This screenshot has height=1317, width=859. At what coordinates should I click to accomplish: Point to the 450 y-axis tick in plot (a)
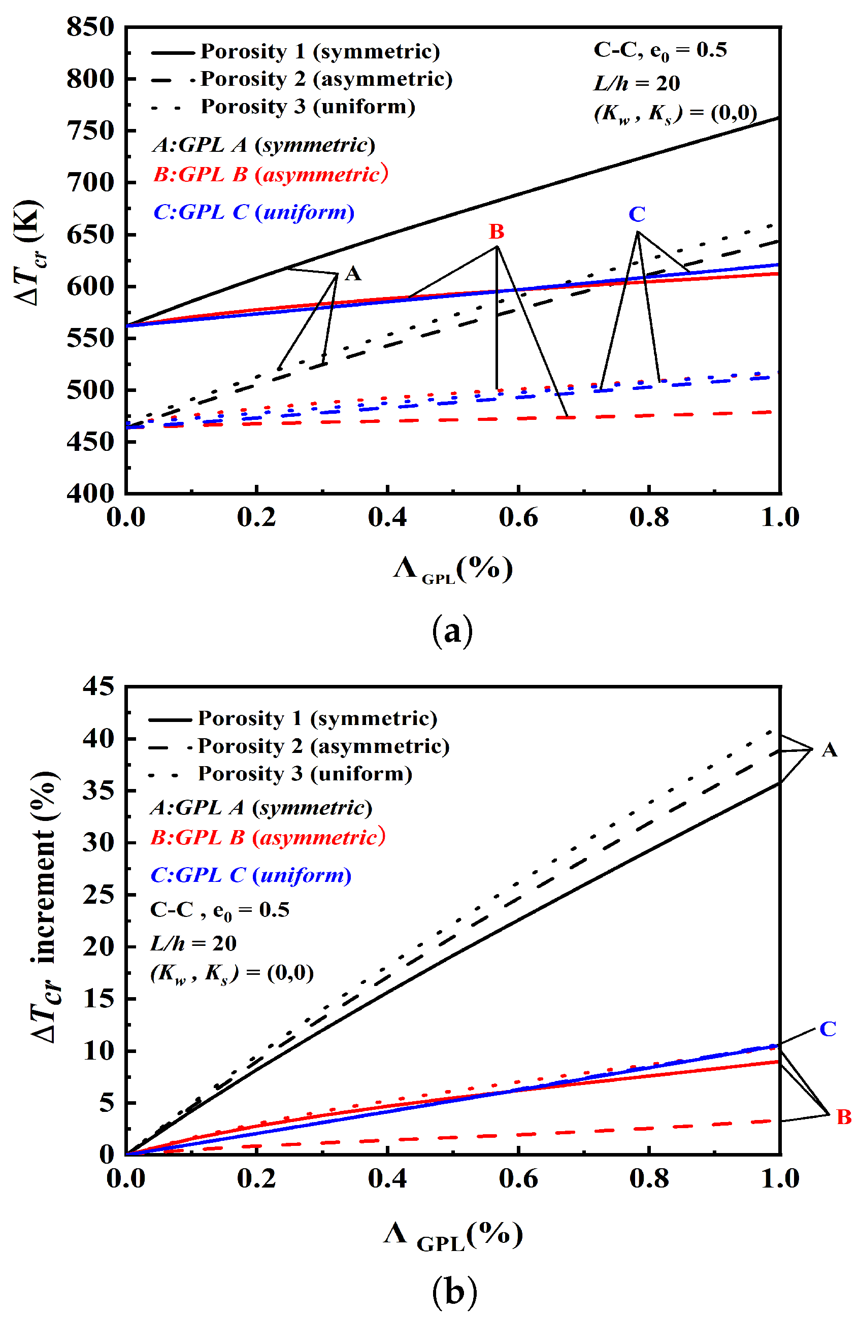tap(90, 441)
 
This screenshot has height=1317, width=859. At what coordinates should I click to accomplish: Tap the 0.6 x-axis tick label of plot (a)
tap(518, 517)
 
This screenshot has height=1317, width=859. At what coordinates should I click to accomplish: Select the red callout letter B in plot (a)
tap(497, 232)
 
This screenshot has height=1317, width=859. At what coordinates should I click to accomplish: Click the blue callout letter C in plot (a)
tap(637, 214)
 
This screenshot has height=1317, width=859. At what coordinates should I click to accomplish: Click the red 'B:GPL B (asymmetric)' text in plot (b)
tap(268, 838)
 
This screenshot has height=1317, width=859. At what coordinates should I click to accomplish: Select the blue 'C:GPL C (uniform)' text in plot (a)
tap(253, 212)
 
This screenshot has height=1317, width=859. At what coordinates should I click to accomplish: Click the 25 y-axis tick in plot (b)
tap(98, 894)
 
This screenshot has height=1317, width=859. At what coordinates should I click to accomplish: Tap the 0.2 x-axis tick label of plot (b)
tap(256, 1179)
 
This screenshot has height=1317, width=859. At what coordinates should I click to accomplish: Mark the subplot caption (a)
tap(452, 631)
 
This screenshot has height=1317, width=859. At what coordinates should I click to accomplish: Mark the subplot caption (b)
tap(454, 1292)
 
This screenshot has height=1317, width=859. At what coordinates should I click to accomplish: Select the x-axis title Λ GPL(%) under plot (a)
tap(453, 568)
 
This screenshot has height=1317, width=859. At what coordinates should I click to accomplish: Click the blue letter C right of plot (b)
tap(828, 1029)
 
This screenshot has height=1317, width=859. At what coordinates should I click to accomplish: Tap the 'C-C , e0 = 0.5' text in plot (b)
tap(220, 910)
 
